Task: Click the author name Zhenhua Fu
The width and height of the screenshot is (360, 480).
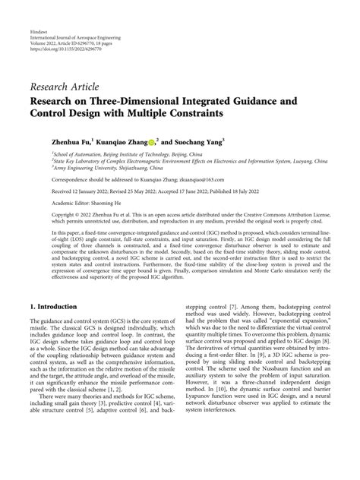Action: pos(62,141)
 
